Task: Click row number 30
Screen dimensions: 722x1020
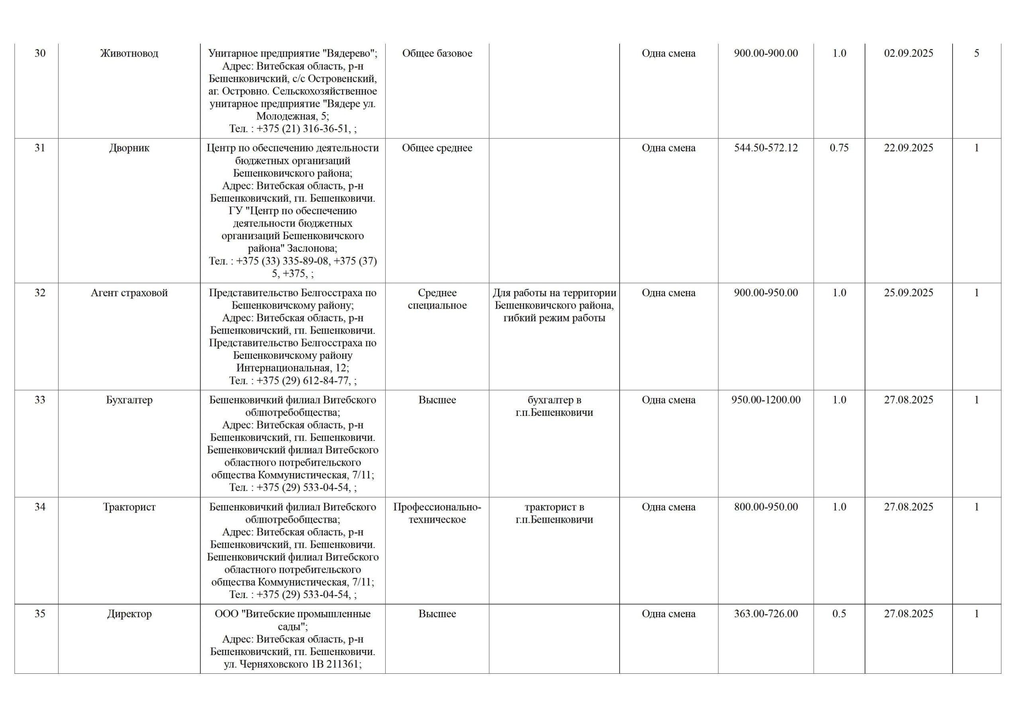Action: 40,53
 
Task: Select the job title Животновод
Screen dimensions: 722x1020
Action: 129,53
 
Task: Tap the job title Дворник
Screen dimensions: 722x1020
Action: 129,148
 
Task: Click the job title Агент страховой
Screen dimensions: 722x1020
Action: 129,293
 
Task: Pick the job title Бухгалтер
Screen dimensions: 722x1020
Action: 129,400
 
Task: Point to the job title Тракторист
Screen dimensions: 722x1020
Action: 129,507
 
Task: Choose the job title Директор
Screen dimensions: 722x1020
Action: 129,614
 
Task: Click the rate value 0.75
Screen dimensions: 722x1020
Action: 839,148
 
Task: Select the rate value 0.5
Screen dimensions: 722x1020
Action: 839,614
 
